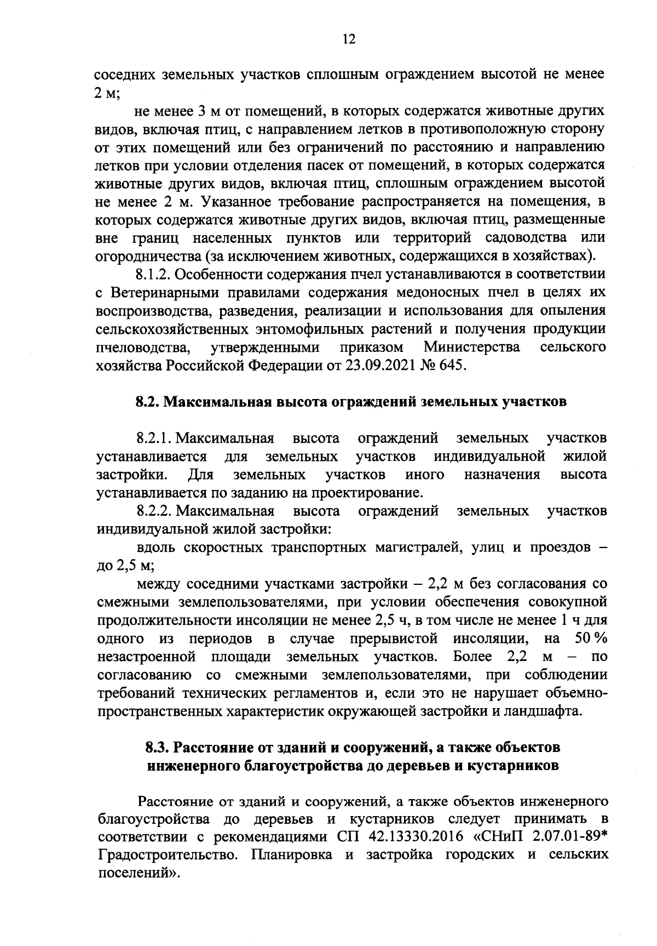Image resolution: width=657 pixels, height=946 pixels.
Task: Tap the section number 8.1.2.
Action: [x=153, y=275]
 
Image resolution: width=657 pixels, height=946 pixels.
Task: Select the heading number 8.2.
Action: [x=147, y=402]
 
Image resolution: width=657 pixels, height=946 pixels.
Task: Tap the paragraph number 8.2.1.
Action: [x=155, y=438]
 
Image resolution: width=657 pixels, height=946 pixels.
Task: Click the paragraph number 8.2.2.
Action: [x=155, y=511]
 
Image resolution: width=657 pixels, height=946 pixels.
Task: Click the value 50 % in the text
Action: [x=591, y=639]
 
